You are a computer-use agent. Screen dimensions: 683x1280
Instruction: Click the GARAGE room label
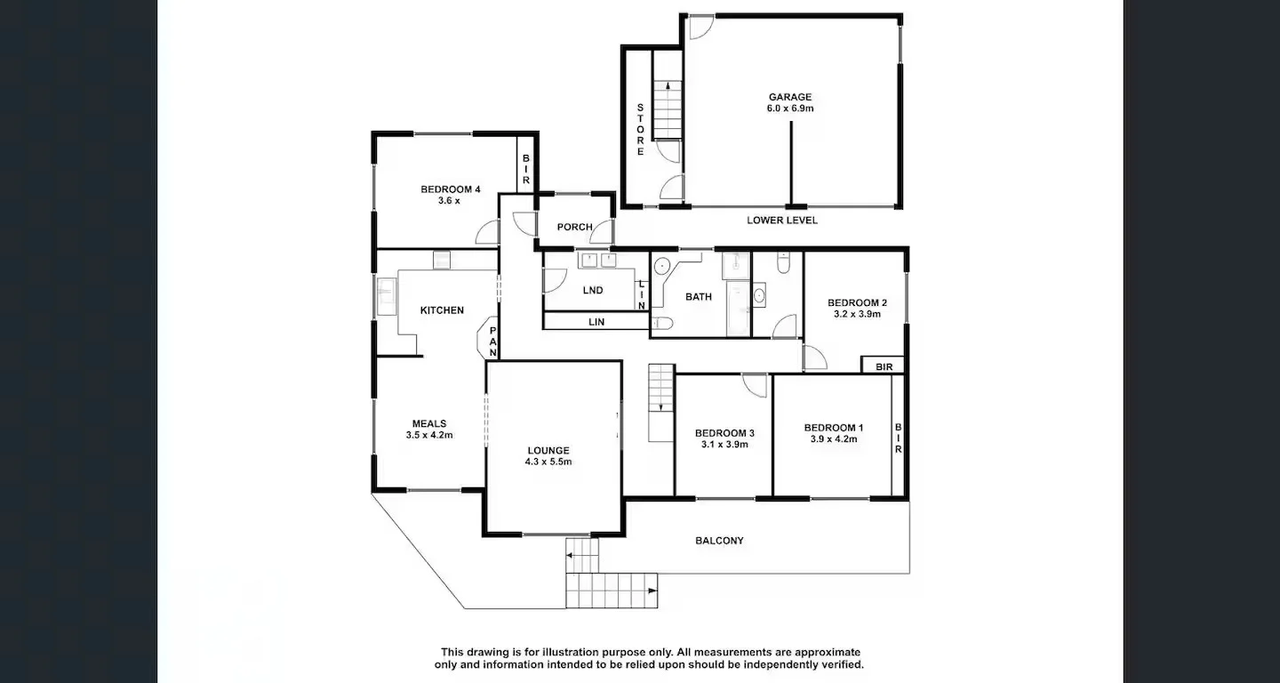coord(790,97)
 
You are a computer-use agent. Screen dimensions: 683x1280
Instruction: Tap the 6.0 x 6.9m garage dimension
coord(790,108)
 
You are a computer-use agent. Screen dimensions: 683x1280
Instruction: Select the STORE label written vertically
coord(640,130)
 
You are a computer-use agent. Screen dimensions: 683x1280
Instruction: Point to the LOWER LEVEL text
coord(781,220)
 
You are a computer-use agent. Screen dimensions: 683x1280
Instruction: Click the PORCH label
coord(574,227)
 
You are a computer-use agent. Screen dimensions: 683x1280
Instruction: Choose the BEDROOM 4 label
coord(450,189)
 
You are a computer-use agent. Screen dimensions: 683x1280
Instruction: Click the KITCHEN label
coord(442,310)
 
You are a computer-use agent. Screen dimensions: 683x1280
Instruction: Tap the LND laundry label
coord(592,291)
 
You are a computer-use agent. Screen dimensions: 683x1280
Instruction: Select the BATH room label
coord(698,297)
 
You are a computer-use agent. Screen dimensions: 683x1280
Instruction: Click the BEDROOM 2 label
coord(857,302)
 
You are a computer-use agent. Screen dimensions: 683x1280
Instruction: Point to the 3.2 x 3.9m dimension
coord(857,314)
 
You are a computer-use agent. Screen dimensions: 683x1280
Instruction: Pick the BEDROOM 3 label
coord(724,433)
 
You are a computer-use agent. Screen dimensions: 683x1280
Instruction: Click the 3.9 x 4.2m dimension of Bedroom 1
coord(833,438)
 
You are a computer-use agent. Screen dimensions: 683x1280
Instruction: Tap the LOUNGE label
coord(548,450)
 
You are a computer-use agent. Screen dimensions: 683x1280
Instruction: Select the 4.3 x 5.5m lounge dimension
coord(548,462)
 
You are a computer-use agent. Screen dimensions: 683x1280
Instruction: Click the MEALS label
coord(429,423)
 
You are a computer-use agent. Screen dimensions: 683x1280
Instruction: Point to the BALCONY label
coord(719,541)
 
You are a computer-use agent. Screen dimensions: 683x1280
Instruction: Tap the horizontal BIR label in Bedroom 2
coord(884,366)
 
